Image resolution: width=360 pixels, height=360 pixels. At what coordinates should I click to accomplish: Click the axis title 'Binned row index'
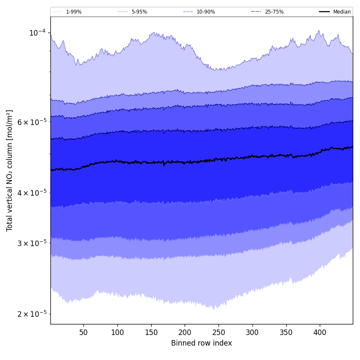pos(202,343)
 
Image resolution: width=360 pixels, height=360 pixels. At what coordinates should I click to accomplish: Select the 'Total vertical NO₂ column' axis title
pos(10,170)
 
